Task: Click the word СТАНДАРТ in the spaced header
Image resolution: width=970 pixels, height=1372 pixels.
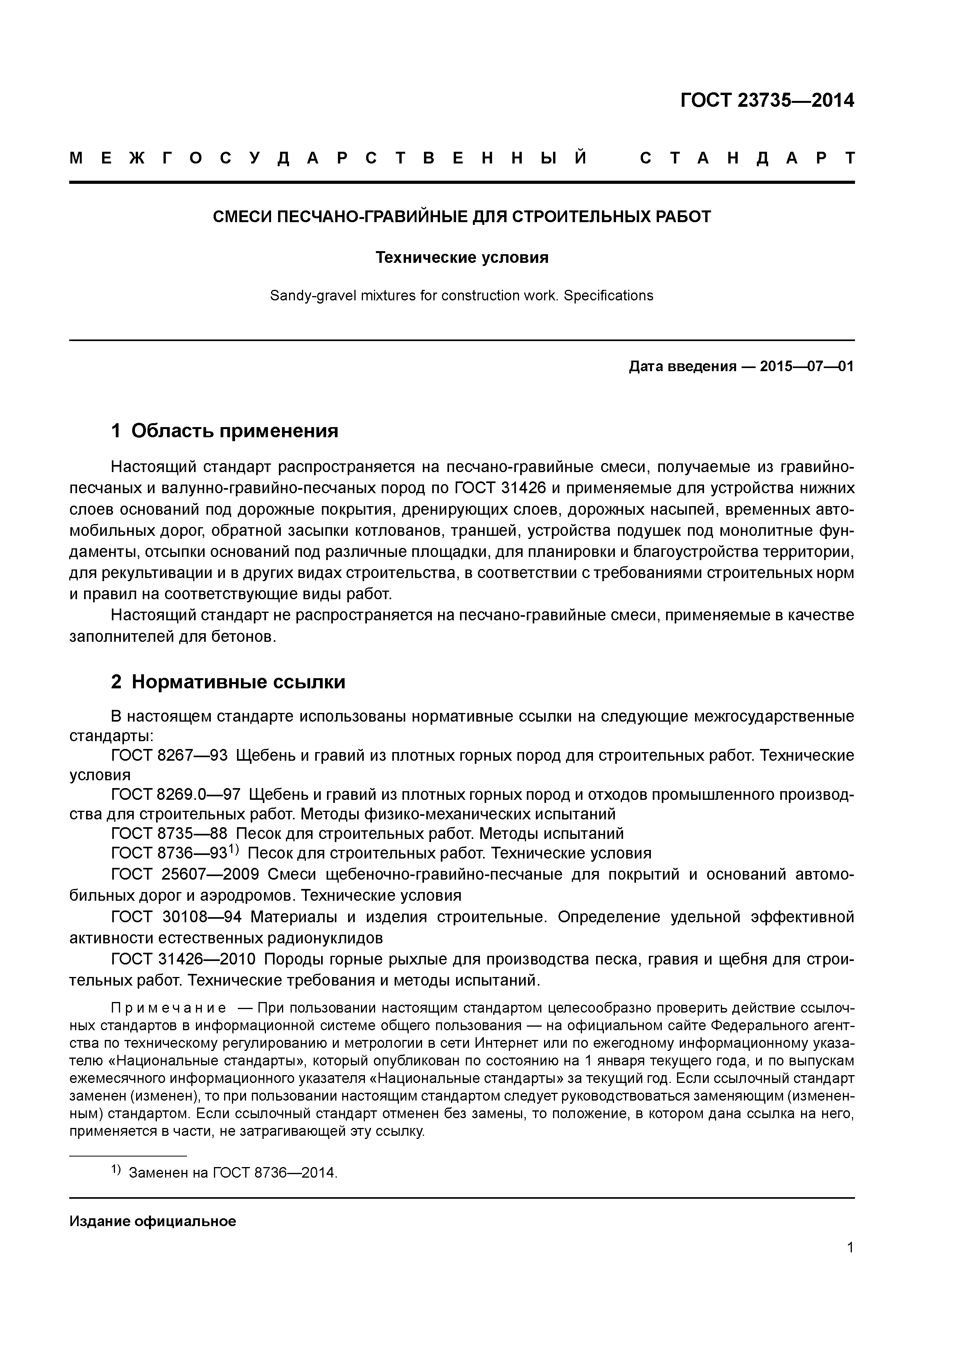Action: click(x=747, y=158)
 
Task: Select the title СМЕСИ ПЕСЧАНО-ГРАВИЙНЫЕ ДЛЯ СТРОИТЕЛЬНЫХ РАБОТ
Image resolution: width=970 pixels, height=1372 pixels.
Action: click(x=462, y=216)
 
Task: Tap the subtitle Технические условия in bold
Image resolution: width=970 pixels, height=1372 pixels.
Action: click(x=462, y=258)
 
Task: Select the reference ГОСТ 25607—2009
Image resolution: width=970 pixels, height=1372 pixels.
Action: click(x=185, y=875)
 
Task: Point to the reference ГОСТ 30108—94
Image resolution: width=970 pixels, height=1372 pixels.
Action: click(x=176, y=917)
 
